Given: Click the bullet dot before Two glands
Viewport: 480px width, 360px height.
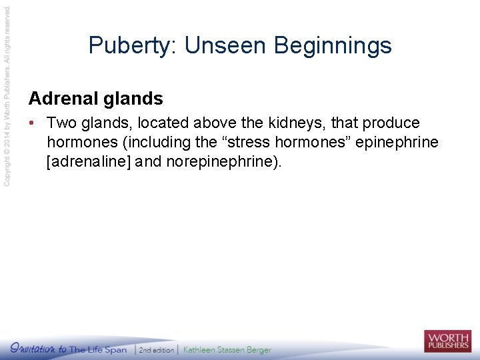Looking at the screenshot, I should (32, 123).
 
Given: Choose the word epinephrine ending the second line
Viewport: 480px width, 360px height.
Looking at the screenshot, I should (398, 142).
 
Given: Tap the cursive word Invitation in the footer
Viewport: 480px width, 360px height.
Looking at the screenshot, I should (37, 348).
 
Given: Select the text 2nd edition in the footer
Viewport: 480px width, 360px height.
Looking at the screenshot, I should (157, 350).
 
